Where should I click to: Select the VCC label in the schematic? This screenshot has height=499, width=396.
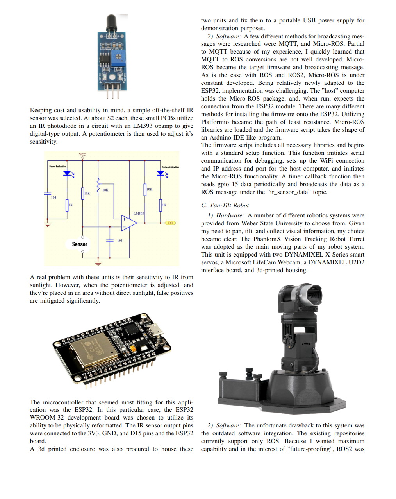82,154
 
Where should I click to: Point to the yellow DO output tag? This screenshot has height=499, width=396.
170,223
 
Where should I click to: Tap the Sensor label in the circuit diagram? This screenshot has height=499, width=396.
80,244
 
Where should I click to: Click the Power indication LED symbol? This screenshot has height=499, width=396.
67,173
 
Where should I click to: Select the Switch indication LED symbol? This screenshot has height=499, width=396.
161,173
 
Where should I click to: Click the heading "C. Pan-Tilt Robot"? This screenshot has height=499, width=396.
225,205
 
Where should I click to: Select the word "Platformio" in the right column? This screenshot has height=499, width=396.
214,122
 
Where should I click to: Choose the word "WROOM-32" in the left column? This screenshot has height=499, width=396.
46,418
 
